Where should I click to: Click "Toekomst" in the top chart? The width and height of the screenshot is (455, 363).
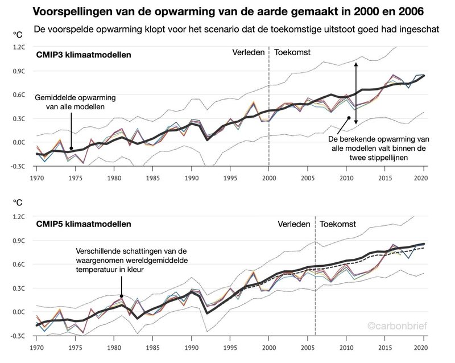[x=293, y=52]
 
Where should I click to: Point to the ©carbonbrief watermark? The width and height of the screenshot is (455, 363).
[x=396, y=327]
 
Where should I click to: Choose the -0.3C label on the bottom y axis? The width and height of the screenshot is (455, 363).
[x=18, y=336]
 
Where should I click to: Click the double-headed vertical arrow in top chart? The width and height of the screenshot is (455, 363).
[x=356, y=94]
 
